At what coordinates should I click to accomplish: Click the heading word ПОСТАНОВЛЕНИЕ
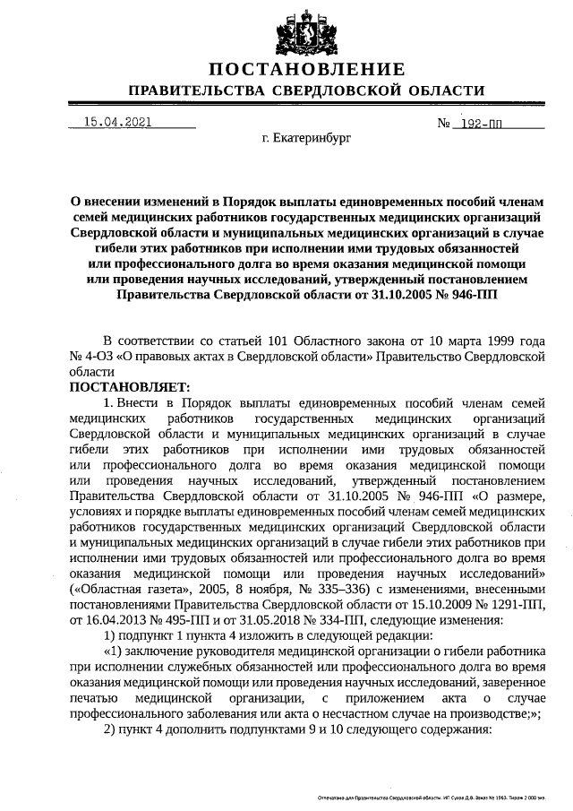coord(307,70)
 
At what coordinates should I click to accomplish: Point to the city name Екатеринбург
coord(307,140)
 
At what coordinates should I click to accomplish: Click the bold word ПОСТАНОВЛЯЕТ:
coord(130,386)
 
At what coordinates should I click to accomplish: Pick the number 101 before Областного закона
coord(253,341)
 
